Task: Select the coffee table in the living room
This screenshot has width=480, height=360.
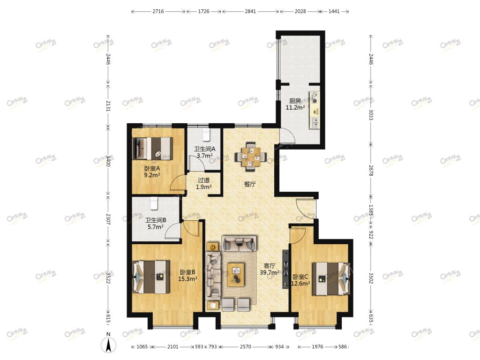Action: [236, 274]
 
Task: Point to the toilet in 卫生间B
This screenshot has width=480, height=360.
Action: [154, 202]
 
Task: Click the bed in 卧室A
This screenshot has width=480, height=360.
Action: [152, 149]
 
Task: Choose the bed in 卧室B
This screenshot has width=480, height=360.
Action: [151, 277]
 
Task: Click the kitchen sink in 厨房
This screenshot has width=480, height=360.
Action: [315, 122]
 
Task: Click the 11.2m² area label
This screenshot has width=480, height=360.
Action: [295, 107]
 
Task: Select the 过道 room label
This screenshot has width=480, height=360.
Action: [203, 180]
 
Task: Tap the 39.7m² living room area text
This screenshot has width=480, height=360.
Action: [270, 272]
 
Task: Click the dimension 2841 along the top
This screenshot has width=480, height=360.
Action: [250, 11]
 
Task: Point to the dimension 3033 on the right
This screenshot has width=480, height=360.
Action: [371, 115]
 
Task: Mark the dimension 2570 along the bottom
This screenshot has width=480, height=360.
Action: [246, 346]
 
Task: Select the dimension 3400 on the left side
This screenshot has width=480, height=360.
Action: [108, 161]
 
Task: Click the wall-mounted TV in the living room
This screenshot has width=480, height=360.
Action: [285, 269]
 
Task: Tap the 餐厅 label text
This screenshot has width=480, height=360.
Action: [250, 184]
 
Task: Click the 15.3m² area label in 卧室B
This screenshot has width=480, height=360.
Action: [187, 279]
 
